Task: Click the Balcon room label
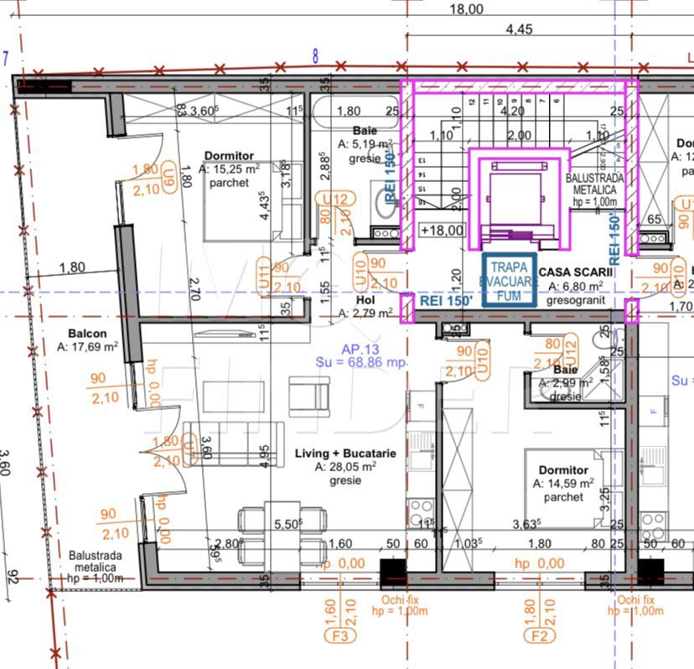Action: pos(88,333)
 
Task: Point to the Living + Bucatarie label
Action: pos(345,454)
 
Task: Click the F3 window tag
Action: pos(340,637)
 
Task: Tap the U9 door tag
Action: pos(170,178)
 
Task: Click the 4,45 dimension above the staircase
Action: pos(519,29)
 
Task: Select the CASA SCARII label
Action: pos(575,272)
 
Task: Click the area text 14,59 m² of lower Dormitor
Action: pos(564,484)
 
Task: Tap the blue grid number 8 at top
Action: pos(315,56)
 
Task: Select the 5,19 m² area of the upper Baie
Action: pos(365,144)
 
